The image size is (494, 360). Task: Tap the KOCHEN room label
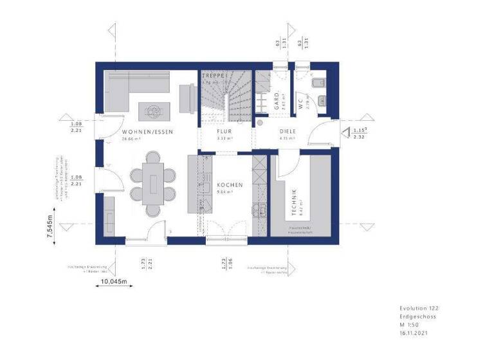pyautogui.click(x=230, y=184)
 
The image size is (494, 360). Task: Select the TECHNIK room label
pyautogui.click(x=294, y=201)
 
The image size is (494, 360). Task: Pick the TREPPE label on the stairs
pyautogui.click(x=212, y=76)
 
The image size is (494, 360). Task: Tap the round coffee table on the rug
pyautogui.click(x=154, y=111)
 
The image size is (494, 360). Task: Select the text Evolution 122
pyautogui.click(x=419, y=309)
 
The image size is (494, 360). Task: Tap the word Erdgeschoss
pyautogui.click(x=417, y=317)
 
